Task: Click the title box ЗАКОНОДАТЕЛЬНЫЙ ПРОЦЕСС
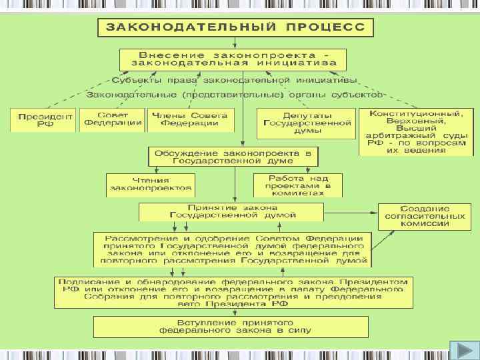point(235,29)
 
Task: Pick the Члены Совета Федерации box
point(189,120)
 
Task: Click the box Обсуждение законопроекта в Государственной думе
point(233,157)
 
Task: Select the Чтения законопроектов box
point(151,185)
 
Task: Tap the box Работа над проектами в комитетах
point(297,185)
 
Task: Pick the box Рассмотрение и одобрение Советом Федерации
point(233,250)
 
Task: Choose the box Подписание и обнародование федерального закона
point(233,292)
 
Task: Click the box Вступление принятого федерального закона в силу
point(233,326)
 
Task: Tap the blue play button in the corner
point(461,350)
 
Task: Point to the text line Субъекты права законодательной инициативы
point(233,81)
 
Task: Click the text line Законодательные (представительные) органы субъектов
point(233,95)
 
